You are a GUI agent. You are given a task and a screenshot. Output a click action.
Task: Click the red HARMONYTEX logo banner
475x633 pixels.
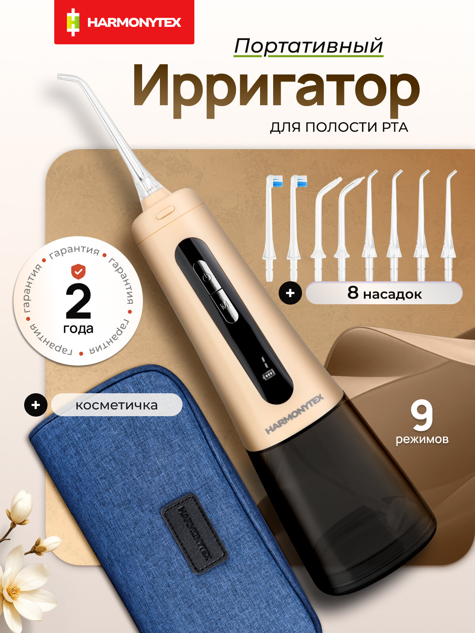pos(124,22)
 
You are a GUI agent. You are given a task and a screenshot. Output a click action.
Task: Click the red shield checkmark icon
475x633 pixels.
pos(78,272)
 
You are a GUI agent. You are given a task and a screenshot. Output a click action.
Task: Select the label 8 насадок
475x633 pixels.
pos(384,293)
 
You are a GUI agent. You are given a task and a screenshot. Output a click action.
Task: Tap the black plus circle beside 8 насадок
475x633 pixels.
pos(290,293)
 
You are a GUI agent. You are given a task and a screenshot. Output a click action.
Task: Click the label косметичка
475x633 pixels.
pos(116,405)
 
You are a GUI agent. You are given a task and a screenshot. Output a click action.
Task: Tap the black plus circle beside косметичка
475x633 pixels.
pos(36,405)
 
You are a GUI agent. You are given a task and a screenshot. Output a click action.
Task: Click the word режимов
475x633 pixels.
pos(422,439)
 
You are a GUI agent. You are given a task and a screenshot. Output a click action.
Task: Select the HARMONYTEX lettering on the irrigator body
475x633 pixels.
pos(294,414)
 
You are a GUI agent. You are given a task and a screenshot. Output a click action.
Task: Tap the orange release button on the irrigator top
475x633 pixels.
pos(165,212)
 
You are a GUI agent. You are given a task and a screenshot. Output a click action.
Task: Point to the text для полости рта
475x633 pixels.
pos(339,128)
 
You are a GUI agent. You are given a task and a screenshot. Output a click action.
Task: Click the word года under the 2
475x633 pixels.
pos(78,329)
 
